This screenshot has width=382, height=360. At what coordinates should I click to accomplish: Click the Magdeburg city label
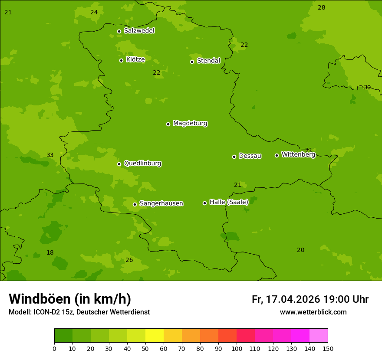point(190,124)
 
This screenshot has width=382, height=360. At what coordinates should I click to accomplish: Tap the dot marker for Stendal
point(192,62)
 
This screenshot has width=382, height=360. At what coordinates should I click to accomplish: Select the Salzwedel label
point(139,31)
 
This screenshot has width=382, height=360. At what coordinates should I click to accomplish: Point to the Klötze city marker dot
point(121,60)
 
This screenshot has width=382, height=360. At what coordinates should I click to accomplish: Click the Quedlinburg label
point(142,164)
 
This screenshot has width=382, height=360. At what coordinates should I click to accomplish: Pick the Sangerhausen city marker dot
point(135,204)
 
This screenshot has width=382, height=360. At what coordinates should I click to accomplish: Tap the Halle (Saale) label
point(229,202)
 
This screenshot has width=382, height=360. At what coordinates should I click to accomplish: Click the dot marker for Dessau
point(234,157)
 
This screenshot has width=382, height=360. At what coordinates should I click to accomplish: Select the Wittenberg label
point(298,154)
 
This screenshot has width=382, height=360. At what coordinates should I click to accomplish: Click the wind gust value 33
point(50,155)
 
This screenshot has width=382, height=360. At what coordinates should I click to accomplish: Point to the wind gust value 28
point(321,8)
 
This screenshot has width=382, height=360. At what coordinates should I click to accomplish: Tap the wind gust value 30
point(367,88)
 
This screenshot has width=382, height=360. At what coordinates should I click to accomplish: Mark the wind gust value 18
point(50,253)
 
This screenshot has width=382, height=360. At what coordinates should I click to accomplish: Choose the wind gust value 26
point(129,260)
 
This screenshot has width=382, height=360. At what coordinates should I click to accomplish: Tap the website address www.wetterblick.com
point(313,312)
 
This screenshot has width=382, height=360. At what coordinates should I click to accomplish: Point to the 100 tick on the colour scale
point(237,348)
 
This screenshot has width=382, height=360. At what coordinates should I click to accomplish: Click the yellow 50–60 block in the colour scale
point(155,336)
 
